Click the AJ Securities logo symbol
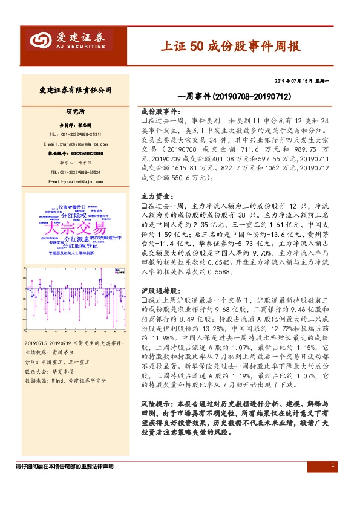click(41, 41)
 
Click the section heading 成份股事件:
click(160, 112)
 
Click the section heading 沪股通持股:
click(160, 291)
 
